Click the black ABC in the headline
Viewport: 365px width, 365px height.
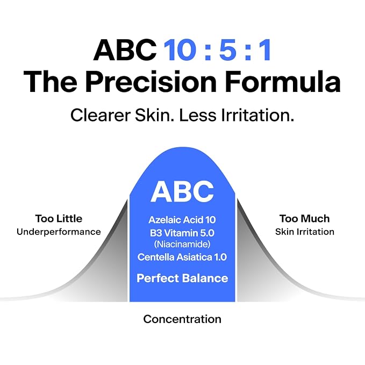pos(125,50)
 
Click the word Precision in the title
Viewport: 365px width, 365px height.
pos(151,82)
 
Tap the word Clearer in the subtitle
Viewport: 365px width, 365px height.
pos(101,115)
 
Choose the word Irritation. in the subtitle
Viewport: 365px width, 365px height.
pos(257,115)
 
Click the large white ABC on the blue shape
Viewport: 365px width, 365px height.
pos(182,191)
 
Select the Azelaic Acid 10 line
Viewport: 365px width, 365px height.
pos(182,220)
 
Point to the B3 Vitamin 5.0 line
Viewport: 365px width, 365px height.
pos(182,233)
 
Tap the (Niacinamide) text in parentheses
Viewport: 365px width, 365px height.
pos(182,244)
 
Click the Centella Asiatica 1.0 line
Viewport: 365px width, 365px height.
pos(182,257)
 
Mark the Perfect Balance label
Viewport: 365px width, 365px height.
pos(182,278)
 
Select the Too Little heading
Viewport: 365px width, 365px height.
pos(59,219)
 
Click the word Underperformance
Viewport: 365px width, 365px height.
pos(59,232)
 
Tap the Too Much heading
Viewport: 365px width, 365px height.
pos(305,219)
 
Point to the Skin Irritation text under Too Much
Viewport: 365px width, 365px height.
pos(305,232)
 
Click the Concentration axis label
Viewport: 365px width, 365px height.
pos(182,319)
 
